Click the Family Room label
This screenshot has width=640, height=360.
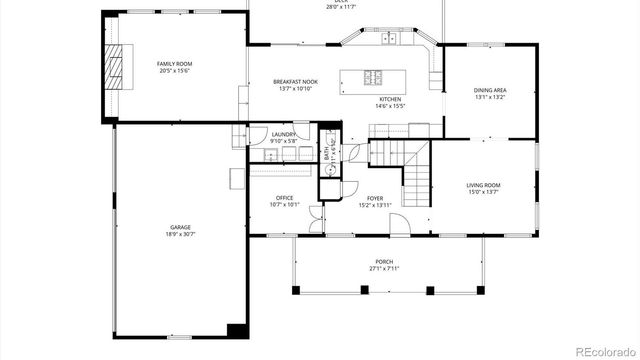click(x=173, y=65)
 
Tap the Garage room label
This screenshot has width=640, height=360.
click(x=180, y=229)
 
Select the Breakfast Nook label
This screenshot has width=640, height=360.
click(x=295, y=81)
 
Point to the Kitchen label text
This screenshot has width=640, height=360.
click(x=389, y=99)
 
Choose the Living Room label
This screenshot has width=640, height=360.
click(x=484, y=185)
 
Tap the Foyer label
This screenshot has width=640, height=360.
click(x=375, y=199)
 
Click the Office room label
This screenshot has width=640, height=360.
click(x=285, y=198)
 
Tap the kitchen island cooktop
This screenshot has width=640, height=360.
click(x=374, y=77)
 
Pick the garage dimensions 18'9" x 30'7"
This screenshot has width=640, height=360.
click(x=180, y=236)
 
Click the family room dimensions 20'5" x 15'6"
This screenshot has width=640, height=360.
click(x=173, y=72)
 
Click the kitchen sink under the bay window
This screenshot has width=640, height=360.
click(x=391, y=39)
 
